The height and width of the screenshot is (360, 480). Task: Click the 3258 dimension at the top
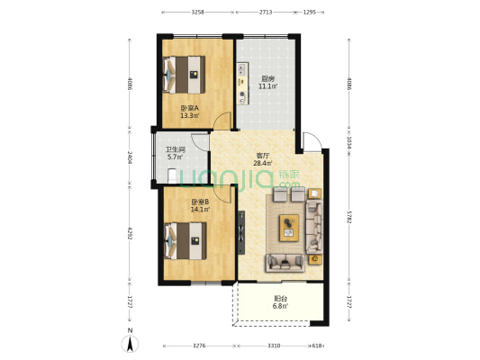click(x=198, y=13)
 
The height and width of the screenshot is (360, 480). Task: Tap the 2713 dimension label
click(x=266, y=13)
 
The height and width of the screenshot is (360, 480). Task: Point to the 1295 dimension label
click(x=309, y=13)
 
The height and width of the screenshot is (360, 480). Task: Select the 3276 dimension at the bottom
click(x=199, y=346)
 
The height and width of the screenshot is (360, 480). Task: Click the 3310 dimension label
click(x=274, y=346)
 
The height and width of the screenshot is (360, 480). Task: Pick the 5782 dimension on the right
click(x=349, y=216)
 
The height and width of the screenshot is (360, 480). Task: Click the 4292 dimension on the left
click(x=130, y=233)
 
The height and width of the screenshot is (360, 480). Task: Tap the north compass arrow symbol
click(x=130, y=344)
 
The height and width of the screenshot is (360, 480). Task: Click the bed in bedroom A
click(x=184, y=75)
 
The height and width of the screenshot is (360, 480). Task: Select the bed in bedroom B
click(x=185, y=241)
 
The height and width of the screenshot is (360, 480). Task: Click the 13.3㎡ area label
click(x=190, y=115)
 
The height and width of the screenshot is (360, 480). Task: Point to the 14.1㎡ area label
click(x=200, y=210)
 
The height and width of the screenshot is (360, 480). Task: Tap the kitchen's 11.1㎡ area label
click(x=268, y=86)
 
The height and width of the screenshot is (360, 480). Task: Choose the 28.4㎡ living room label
click(x=263, y=163)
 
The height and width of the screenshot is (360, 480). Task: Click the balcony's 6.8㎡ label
click(x=280, y=306)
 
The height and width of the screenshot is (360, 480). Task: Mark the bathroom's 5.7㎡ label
click(x=176, y=157)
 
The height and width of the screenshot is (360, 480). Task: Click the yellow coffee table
click(x=289, y=228)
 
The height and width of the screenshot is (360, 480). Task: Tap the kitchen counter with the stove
click(x=242, y=84)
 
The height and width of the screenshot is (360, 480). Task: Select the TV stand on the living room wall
click(x=241, y=232)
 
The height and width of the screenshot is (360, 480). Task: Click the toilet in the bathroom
click(x=172, y=175)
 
